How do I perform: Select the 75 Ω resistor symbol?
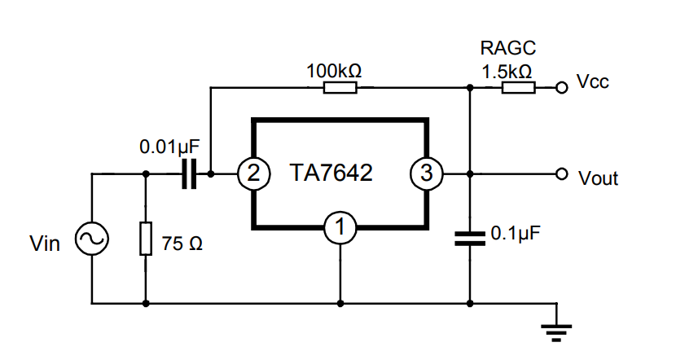[146, 239]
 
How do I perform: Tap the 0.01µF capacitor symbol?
[190, 173]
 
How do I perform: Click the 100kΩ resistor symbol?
[340, 87]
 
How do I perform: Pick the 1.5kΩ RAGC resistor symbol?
[518, 87]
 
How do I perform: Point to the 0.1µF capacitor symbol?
[470, 238]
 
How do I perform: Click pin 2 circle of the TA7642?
[253, 173]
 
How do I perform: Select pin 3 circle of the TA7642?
[426, 173]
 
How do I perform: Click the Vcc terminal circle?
[560, 87]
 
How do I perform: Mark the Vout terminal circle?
[560, 173]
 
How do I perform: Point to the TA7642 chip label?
[331, 173]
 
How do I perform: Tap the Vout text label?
[598, 178]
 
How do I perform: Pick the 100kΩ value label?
[334, 70]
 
